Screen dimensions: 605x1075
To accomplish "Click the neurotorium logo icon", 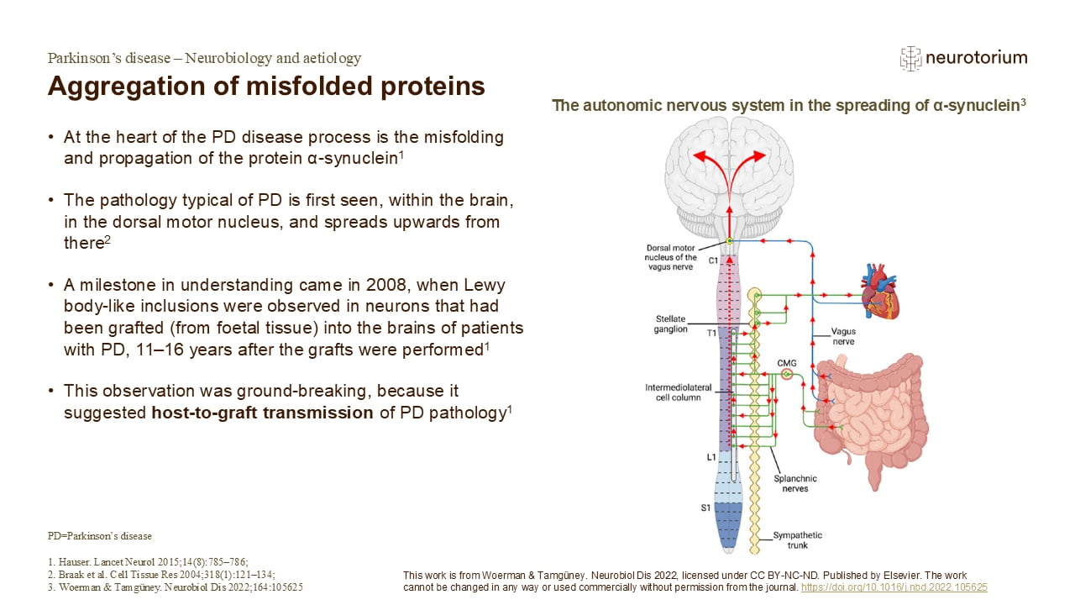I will coord(910,58).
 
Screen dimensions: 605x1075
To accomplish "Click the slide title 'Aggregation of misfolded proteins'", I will coord(266,86).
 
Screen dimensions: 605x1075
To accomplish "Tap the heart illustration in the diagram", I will coord(881,292).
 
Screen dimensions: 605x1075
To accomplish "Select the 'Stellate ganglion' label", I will coord(671,324).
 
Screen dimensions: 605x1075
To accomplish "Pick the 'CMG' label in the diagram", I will coord(786,362).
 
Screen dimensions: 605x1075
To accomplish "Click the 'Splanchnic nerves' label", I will coord(794,483).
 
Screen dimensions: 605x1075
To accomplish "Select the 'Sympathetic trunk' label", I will coord(798,539).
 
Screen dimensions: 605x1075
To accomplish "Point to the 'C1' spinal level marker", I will coord(712,260).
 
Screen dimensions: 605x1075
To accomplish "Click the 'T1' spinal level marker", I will coord(711,333).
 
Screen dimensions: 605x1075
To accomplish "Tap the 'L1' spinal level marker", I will coord(711,457).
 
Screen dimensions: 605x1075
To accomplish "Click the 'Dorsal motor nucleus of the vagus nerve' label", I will coord(671,257).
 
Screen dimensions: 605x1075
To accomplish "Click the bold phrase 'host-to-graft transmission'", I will coord(262,413).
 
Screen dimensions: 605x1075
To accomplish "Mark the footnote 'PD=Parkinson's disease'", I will coord(99,536).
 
